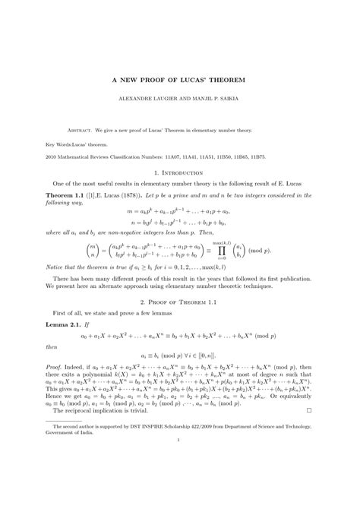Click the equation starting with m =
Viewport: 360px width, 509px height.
(180, 209)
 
